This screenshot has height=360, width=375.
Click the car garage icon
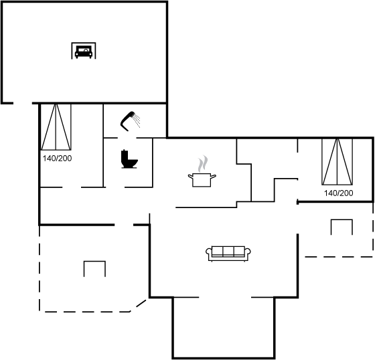click(x=84, y=51)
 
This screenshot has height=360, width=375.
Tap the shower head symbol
click(x=128, y=120)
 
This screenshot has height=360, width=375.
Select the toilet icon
click(x=129, y=159)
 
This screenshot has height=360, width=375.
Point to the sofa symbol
click(x=228, y=254)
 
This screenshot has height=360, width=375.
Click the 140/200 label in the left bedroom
click(x=57, y=158)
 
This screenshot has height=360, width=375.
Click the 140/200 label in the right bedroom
click(x=338, y=193)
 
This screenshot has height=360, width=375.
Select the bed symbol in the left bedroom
click(x=56, y=127)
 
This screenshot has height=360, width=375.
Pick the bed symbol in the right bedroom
click(x=337, y=161)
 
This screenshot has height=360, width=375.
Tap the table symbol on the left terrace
click(x=94, y=261)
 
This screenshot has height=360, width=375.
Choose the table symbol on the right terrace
click(x=342, y=219)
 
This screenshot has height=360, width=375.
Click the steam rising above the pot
click(x=202, y=163)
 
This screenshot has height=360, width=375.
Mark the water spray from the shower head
click(x=137, y=120)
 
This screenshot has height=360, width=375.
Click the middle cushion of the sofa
click(x=228, y=252)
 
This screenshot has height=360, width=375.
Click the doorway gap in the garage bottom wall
click(x=23, y=103)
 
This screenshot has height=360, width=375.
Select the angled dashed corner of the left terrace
click(x=138, y=305)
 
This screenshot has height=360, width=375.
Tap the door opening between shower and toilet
click(x=127, y=138)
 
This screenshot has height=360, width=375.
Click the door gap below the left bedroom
click(x=72, y=187)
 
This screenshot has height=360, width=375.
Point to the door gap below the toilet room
click(x=115, y=187)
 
